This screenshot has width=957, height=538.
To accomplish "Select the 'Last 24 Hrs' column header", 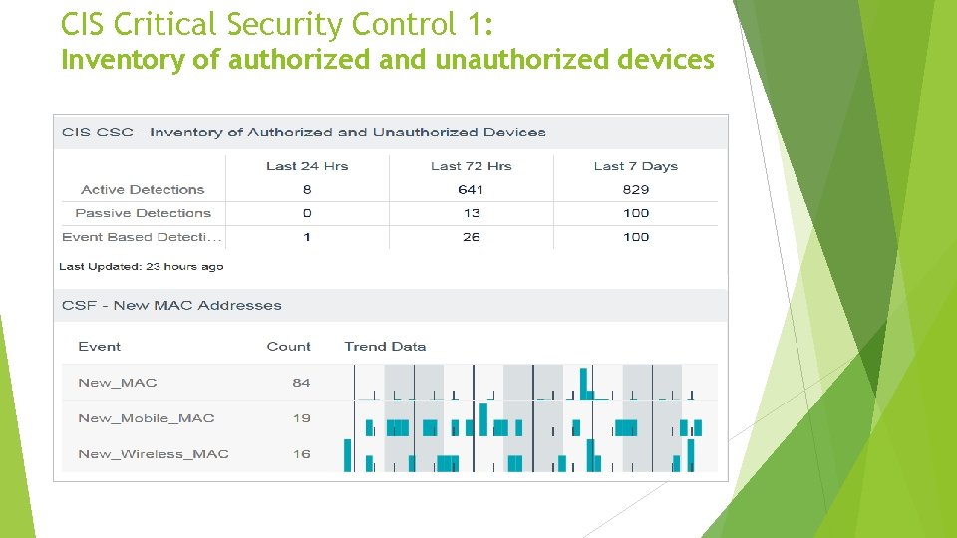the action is pyautogui.click(x=307, y=166).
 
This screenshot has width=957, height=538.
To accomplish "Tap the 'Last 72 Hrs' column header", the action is pyautogui.click(x=471, y=166).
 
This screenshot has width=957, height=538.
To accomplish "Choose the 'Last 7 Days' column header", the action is pyautogui.click(x=635, y=166).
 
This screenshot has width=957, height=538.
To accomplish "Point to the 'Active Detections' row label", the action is pyautogui.click(x=143, y=189).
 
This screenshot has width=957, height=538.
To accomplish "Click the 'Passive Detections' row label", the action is pyautogui.click(x=143, y=213).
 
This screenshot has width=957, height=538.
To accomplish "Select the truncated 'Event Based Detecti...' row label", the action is pyautogui.click(x=143, y=237).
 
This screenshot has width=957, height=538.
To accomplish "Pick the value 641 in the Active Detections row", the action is pyautogui.click(x=471, y=189).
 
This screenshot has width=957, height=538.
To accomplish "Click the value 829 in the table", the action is pyautogui.click(x=635, y=189).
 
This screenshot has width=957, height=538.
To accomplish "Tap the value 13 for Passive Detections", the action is pyautogui.click(x=472, y=213).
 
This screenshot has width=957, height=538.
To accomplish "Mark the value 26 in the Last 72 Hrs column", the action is pyautogui.click(x=472, y=237).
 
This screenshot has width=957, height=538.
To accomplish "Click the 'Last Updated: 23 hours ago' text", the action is pyautogui.click(x=141, y=266).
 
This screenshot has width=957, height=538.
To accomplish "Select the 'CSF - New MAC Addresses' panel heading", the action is pyautogui.click(x=171, y=305).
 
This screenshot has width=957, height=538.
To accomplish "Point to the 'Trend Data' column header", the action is pyautogui.click(x=385, y=347).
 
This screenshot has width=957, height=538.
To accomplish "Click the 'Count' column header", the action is pyautogui.click(x=288, y=347).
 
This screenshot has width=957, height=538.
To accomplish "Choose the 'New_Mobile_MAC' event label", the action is pyautogui.click(x=146, y=418).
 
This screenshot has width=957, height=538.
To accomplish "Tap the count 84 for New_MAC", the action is pyautogui.click(x=301, y=383).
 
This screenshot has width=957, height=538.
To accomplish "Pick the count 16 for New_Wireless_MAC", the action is pyautogui.click(x=301, y=454).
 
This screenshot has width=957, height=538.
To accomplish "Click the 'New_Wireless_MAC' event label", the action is pyautogui.click(x=153, y=454).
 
